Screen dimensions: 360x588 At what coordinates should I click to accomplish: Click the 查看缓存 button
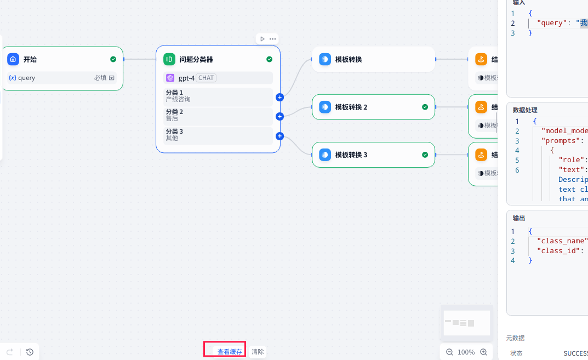pos(230,352)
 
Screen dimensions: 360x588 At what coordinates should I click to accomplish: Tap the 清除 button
pos(258,352)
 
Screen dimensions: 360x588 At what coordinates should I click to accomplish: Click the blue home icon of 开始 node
pos(13,59)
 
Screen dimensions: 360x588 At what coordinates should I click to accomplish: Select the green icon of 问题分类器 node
pos(169,59)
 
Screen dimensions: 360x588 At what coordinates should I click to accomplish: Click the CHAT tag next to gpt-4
pos(206,78)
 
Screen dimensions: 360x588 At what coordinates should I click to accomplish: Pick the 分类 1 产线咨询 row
pos(219,96)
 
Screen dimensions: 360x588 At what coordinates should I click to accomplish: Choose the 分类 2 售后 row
pos(219,116)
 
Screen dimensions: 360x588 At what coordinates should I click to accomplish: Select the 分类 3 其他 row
pos(219,135)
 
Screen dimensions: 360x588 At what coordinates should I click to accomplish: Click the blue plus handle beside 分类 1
pos(279,97)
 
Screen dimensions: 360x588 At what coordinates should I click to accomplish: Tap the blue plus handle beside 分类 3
pos(279,136)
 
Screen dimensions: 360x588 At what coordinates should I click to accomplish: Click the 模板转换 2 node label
pos(351,107)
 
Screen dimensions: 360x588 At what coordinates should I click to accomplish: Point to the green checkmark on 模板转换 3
pos(425,155)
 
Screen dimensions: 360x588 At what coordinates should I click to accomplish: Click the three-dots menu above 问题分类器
pos(272,39)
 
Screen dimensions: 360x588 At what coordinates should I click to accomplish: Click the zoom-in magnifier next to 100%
pos(483,352)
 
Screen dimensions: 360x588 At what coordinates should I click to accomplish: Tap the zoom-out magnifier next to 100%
pos(449,352)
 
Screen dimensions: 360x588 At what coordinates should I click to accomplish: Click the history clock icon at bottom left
pos(30,352)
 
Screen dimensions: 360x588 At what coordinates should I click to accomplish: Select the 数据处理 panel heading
pos(525,110)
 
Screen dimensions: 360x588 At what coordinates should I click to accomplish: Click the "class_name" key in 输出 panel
pos(562,241)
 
